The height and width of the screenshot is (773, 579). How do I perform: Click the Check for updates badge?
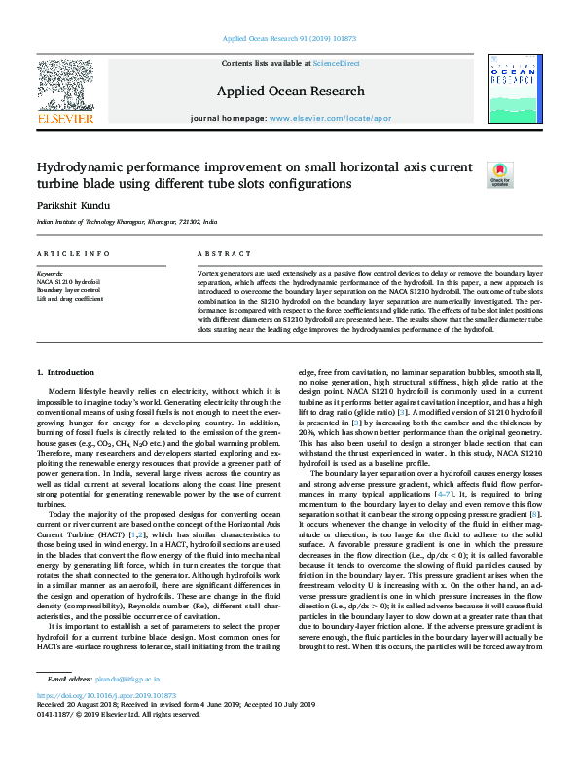(x=499, y=174)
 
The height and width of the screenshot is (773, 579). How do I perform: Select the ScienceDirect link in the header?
(x=336, y=63)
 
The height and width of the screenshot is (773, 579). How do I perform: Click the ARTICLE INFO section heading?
(x=73, y=253)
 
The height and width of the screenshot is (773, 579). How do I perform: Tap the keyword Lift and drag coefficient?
(x=70, y=298)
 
